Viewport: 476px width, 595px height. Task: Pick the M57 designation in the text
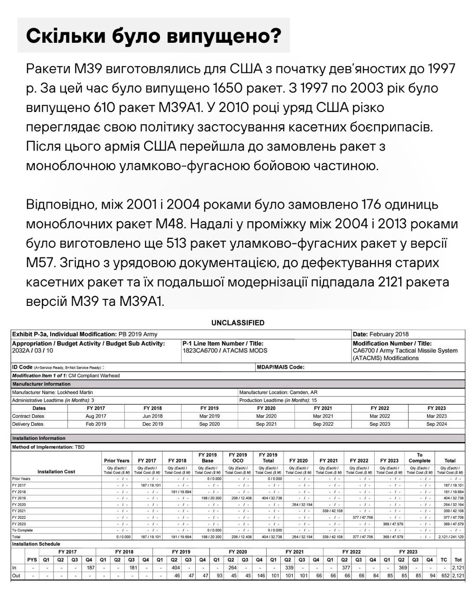tap(40, 263)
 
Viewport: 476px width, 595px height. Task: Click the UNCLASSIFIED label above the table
tap(238, 323)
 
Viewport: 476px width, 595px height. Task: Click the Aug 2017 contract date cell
tap(96, 416)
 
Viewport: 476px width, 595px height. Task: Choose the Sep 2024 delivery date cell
tap(436, 424)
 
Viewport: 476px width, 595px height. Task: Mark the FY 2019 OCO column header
tap(238, 457)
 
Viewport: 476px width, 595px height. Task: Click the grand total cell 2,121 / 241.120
tap(450, 536)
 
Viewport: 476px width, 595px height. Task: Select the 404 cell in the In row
tap(175, 568)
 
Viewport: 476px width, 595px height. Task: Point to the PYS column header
tap(32, 560)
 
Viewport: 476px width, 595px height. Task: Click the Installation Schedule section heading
tap(36, 544)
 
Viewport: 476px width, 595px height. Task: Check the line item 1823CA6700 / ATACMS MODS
tap(225, 350)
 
